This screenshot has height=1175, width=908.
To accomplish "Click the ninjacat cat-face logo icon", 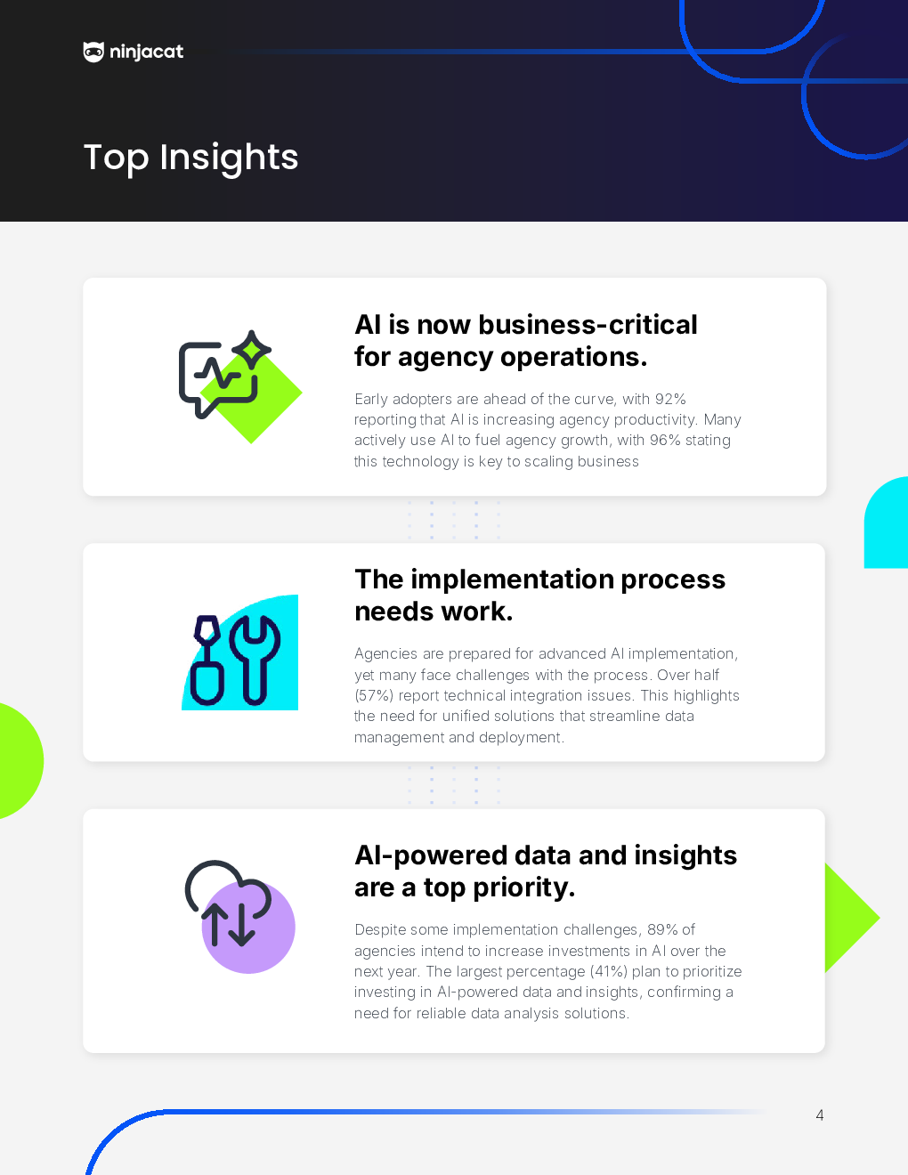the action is click(x=93, y=52).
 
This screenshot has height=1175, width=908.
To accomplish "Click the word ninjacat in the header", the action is click(x=147, y=53).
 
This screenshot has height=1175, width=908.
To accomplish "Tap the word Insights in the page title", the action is click(x=229, y=158).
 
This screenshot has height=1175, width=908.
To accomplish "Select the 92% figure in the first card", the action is click(x=670, y=399).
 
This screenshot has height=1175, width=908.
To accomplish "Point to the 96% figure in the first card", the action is click(x=665, y=440).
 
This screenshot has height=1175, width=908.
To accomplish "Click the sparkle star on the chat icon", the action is click(x=252, y=350).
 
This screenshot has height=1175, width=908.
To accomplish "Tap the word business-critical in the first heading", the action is click(x=588, y=325).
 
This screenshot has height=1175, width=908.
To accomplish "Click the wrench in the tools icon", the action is click(x=255, y=660).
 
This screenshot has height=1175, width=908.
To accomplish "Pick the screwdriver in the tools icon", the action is click(x=207, y=660).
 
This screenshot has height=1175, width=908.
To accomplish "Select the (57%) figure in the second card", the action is click(x=374, y=695).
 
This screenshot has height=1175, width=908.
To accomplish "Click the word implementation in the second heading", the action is click(x=513, y=579).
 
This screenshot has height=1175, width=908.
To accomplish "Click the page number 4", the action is click(x=819, y=1115).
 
